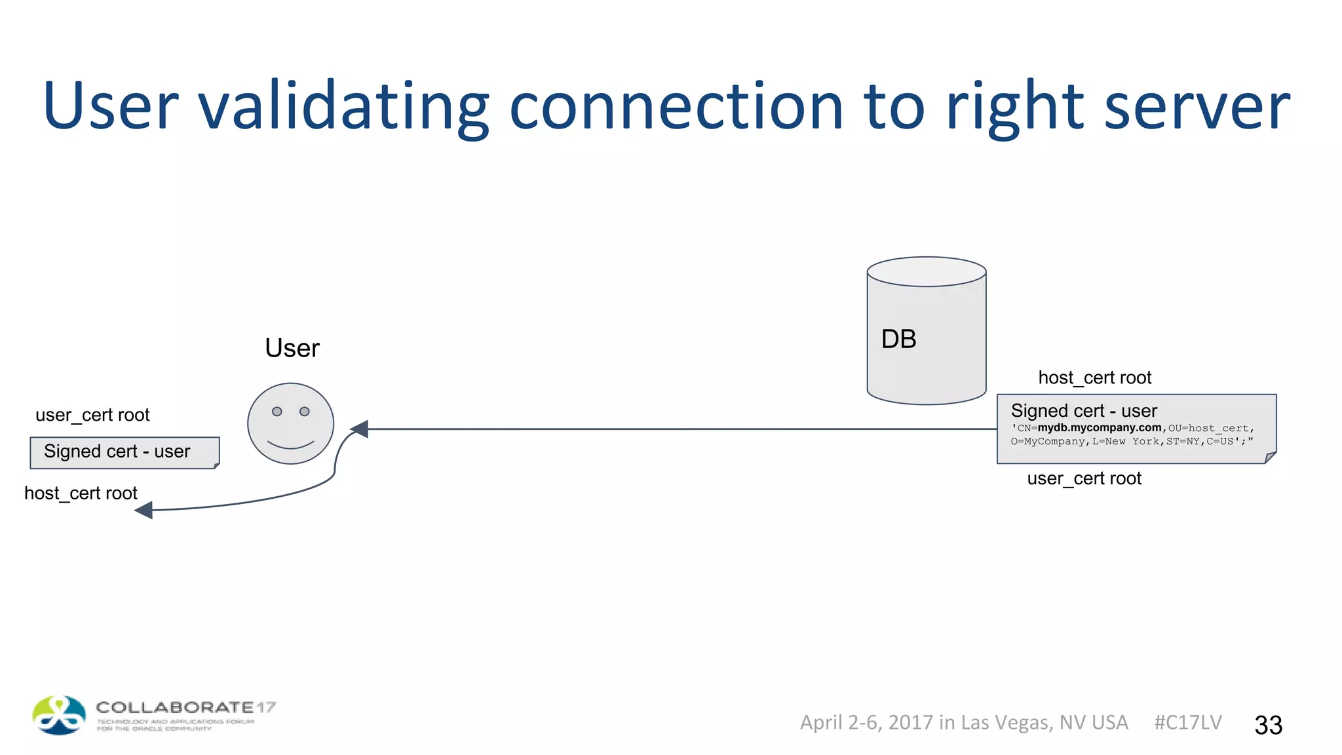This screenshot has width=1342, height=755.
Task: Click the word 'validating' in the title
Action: tap(343, 107)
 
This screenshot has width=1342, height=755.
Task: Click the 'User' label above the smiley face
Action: tap(292, 348)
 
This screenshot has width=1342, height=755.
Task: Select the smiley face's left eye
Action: tap(277, 412)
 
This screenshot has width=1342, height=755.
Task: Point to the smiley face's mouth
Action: tap(290, 445)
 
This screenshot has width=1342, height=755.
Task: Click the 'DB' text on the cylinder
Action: tap(898, 339)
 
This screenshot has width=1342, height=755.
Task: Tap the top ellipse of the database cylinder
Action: tap(926, 271)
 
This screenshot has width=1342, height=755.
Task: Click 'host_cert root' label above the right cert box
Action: tap(1094, 378)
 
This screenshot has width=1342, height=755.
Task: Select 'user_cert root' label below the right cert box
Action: tap(1084, 479)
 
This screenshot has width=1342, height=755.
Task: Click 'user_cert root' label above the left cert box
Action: tap(92, 416)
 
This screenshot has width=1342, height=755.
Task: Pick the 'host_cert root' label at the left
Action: tap(81, 494)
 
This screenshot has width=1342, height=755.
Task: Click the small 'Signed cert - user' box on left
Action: tap(124, 452)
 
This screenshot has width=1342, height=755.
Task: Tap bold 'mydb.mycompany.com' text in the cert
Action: tap(1099, 428)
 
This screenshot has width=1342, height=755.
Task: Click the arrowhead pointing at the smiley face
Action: tap(360, 429)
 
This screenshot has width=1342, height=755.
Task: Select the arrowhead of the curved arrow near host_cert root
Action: tap(144, 510)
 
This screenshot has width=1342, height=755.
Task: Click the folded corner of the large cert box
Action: tap(1271, 457)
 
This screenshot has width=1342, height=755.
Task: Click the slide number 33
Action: tap(1268, 725)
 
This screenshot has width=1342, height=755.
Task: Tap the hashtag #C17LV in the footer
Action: tap(1187, 722)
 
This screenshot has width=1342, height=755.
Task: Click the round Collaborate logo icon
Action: tap(59, 715)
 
